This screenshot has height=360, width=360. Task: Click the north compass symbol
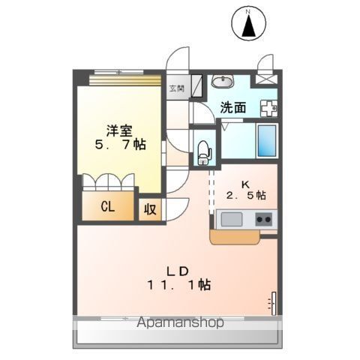point(248,23)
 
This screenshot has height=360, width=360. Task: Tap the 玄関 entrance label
point(177,88)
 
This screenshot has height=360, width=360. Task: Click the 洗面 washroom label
point(233,107)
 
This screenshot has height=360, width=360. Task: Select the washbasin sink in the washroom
point(223,81)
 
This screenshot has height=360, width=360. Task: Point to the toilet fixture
point(204,153)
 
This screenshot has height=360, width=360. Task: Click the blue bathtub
point(267,141)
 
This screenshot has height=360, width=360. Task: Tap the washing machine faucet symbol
point(268,108)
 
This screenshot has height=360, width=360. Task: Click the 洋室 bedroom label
point(119,130)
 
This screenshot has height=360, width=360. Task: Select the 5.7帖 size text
point(121,144)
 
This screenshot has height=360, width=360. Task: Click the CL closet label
point(108,207)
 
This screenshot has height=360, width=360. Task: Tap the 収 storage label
point(150,209)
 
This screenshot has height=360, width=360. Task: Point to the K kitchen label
point(245,184)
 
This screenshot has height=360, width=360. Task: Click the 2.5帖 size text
point(246,195)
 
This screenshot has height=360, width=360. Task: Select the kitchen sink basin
point(232,219)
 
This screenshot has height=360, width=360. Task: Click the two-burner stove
point(264,219)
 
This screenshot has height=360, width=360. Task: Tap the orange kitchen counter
point(235,237)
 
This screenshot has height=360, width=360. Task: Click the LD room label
point(178,271)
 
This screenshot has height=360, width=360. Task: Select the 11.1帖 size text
point(179,285)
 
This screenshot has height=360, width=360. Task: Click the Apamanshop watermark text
point(180,322)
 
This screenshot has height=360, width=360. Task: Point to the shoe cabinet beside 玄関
point(196,85)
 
